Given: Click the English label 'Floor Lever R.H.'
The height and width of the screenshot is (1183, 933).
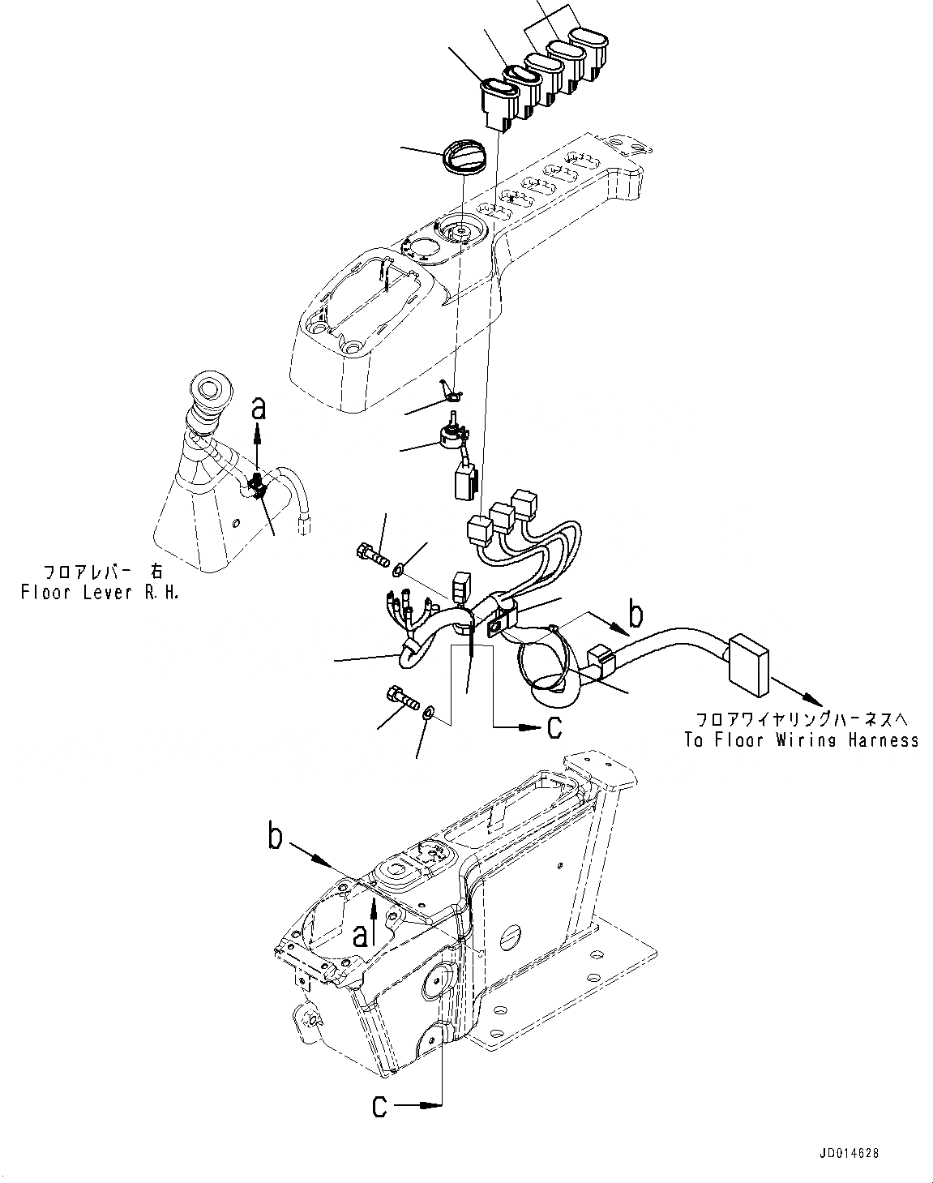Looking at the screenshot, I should (99, 593).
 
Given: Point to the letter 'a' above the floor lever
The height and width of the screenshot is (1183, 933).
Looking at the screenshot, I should (259, 410).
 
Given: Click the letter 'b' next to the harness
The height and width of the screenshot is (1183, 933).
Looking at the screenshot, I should (636, 615).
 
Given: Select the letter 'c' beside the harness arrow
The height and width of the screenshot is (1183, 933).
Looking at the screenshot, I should (554, 727).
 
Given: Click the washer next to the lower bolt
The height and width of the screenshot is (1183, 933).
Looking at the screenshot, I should (428, 713).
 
